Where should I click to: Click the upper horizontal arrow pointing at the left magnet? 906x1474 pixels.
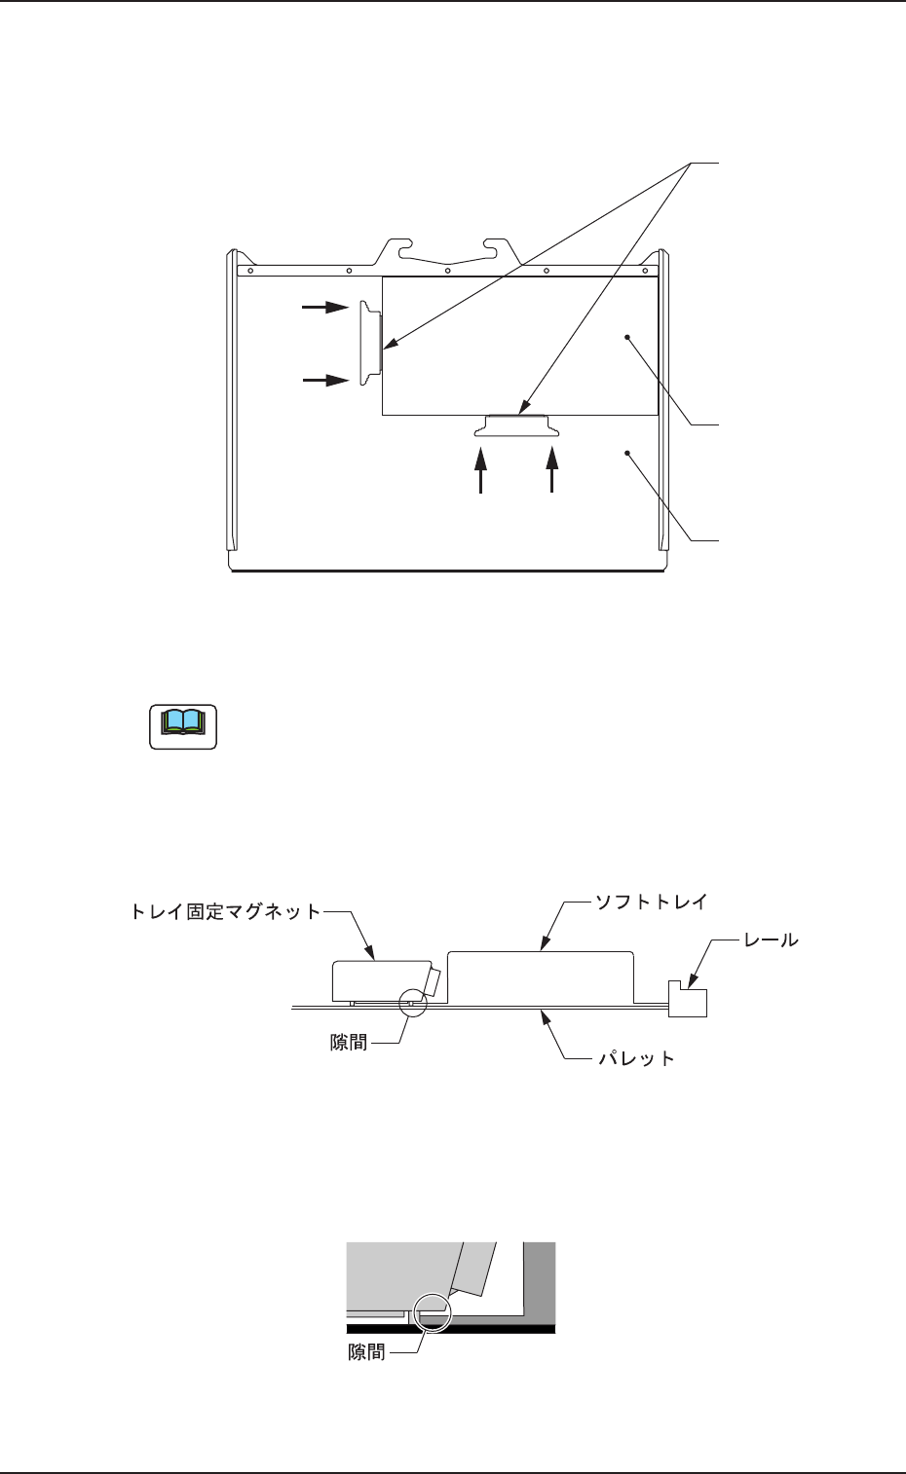[325, 308]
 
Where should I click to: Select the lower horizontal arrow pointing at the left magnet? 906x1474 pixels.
[325, 380]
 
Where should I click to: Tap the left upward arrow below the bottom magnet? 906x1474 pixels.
[480, 470]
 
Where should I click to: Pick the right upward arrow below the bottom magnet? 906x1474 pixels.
[552, 470]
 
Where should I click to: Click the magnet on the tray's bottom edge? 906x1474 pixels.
[516, 425]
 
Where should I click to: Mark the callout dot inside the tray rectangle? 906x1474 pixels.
[628, 337]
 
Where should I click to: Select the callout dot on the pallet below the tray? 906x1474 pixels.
[628, 452]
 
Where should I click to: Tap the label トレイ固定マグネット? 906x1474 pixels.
[225, 912]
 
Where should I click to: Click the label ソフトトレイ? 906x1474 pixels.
[650, 903]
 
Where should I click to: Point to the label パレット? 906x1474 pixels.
[635, 1058]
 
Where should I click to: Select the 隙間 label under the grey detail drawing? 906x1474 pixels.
[367, 1352]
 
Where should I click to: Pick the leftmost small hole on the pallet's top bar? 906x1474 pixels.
[250, 271]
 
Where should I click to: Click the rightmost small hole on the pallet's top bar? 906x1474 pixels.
[645, 271]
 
